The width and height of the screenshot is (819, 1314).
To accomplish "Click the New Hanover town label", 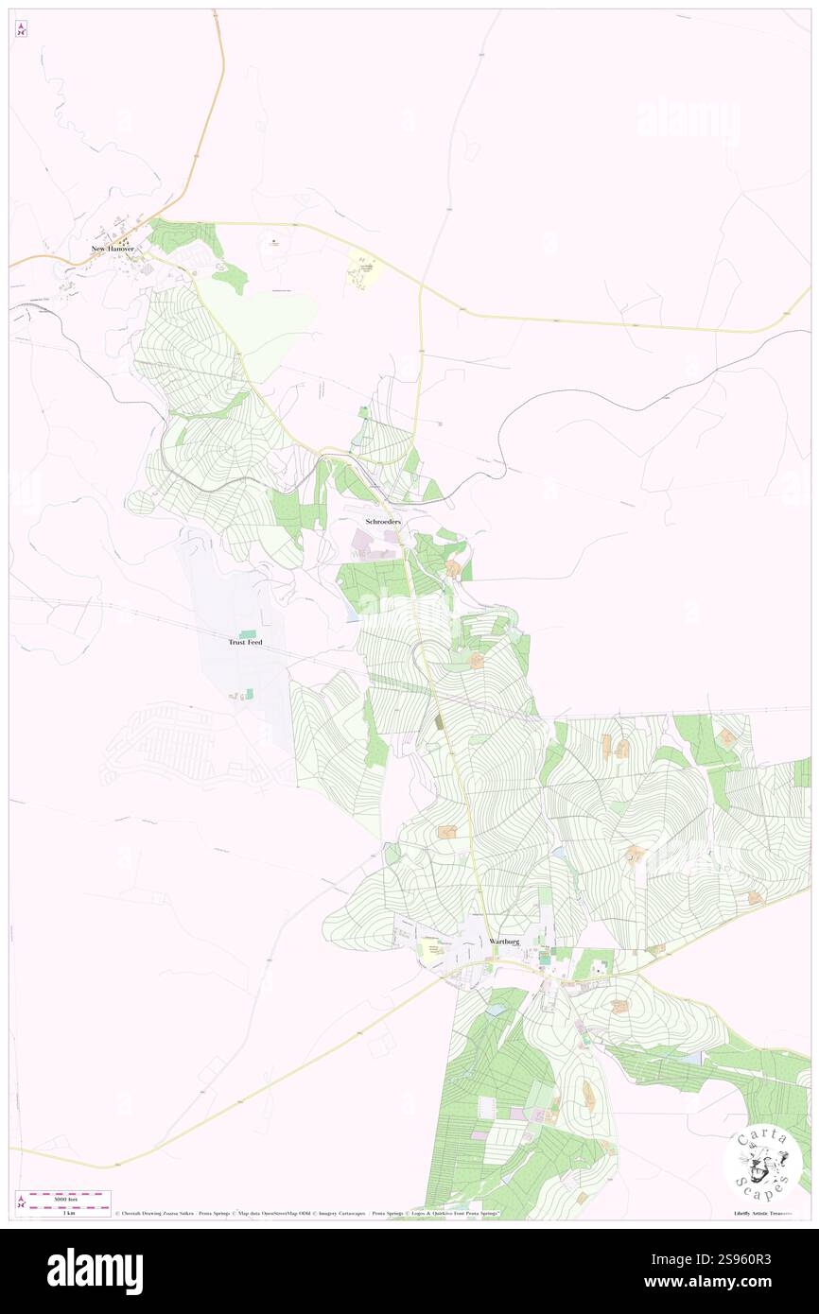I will click(113, 249).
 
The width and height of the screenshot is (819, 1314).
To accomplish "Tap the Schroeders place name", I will click(383, 522).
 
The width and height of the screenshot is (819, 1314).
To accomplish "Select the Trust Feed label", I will click(245, 642).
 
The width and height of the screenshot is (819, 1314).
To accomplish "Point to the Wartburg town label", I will click(505, 942).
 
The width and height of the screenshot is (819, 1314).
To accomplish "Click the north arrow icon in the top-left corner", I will click(22, 29).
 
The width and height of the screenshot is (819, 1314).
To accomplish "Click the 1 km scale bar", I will click(63, 1205).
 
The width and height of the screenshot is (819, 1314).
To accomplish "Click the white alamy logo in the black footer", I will click(95, 1271).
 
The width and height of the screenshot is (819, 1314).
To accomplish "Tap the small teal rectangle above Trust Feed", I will click(248, 632).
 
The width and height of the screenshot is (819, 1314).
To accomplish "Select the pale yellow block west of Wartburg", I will click(432, 956).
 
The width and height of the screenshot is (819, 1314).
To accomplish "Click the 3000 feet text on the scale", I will click(63, 1195).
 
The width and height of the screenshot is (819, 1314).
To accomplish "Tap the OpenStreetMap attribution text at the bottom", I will click(274, 1213).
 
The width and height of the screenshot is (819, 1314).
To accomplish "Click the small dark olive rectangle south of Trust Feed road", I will click(440, 721).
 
